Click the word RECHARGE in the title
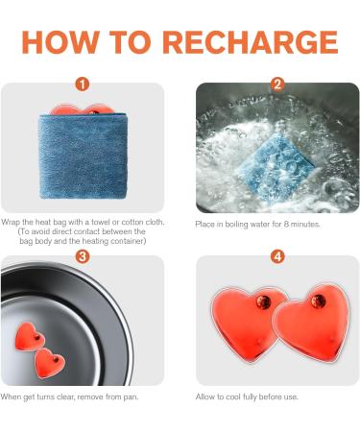pyautogui.click(x=251, y=42)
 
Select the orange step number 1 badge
pyautogui.click(x=83, y=84)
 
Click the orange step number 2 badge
pyautogui.click(x=277, y=84)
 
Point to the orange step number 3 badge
pyautogui.click(x=83, y=256)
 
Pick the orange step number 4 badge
pyautogui.click(x=277, y=256)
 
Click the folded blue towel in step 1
pyautogui.click(x=84, y=156)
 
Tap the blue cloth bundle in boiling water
pyautogui.click(x=275, y=167)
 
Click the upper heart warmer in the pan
pyautogui.click(x=30, y=337)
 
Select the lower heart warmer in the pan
pyautogui.click(x=50, y=363)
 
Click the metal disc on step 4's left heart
pyautogui.click(x=263, y=301)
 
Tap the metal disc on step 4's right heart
pyautogui.click(x=319, y=301)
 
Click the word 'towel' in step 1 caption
pyautogui.click(x=101, y=222)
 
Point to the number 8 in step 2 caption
pyautogui.click(x=286, y=224)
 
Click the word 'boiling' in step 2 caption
pyautogui.click(x=236, y=225)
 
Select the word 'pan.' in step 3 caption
pyautogui.click(x=132, y=397)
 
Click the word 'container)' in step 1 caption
pyautogui.click(x=128, y=241)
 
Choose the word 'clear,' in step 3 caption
pyautogui.click(x=66, y=397)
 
